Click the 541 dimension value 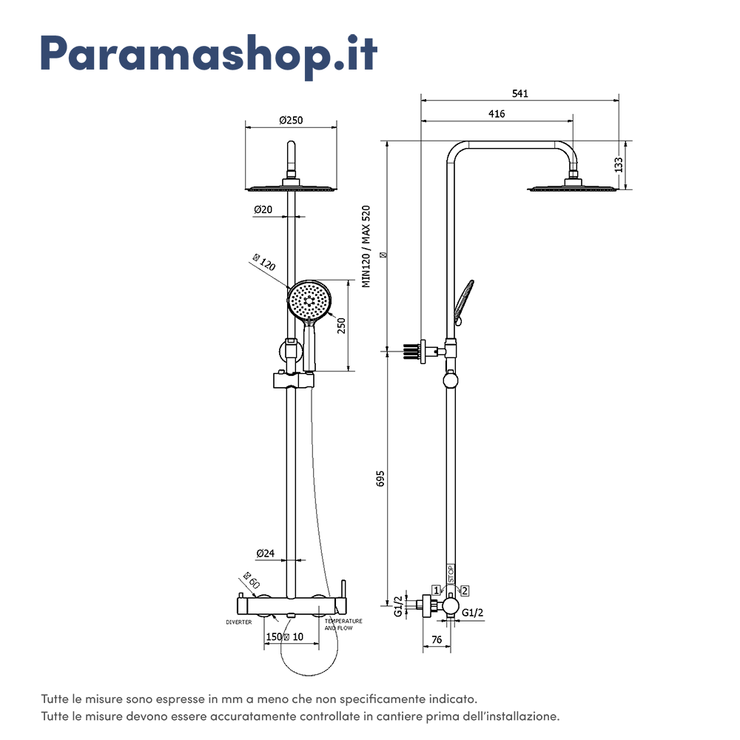pyautogui.click(x=519, y=94)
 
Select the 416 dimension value pyautogui.click(x=497, y=114)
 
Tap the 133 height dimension pyautogui.click(x=619, y=164)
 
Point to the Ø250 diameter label pyautogui.click(x=291, y=121)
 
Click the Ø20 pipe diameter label pyautogui.click(x=263, y=210)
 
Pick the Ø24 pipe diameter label pyautogui.click(x=265, y=554)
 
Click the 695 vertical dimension pyautogui.click(x=380, y=478)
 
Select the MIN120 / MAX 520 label pyautogui.click(x=365, y=246)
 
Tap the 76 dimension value pyautogui.click(x=436, y=640)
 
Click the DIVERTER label pyautogui.click(x=239, y=622)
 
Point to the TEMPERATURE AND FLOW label pyautogui.click(x=343, y=625)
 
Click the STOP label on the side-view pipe pyautogui.click(x=451, y=574)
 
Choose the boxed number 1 pyautogui.click(x=437, y=590)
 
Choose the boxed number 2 pyautogui.click(x=464, y=590)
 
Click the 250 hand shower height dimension pyautogui.click(x=341, y=326)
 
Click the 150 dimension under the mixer pyautogui.click(x=274, y=637)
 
